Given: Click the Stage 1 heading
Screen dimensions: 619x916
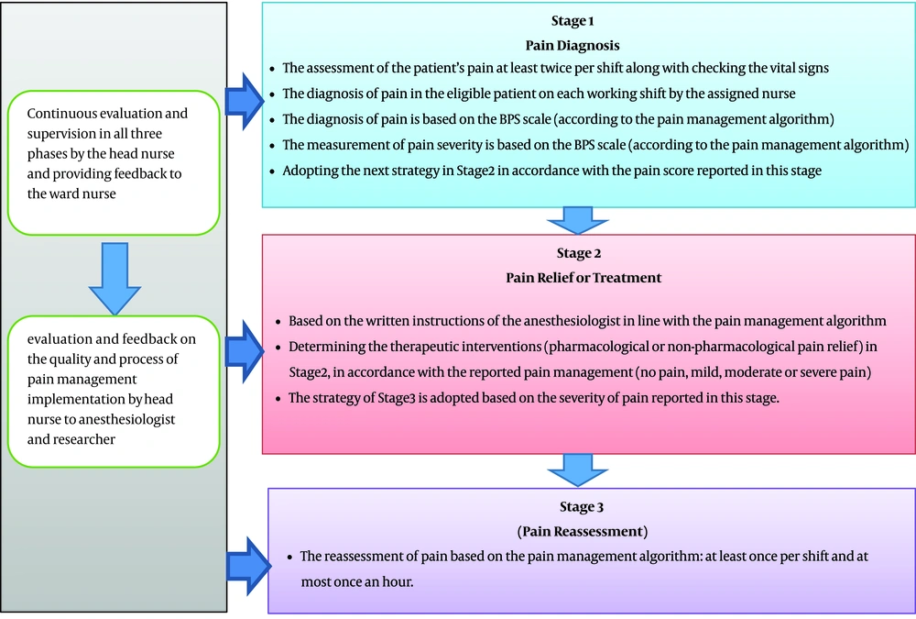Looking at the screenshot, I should coord(569,21).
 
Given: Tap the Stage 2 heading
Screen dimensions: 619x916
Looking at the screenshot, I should coord(569,253).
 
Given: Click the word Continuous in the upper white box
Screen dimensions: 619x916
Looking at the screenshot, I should coord(61,114).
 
